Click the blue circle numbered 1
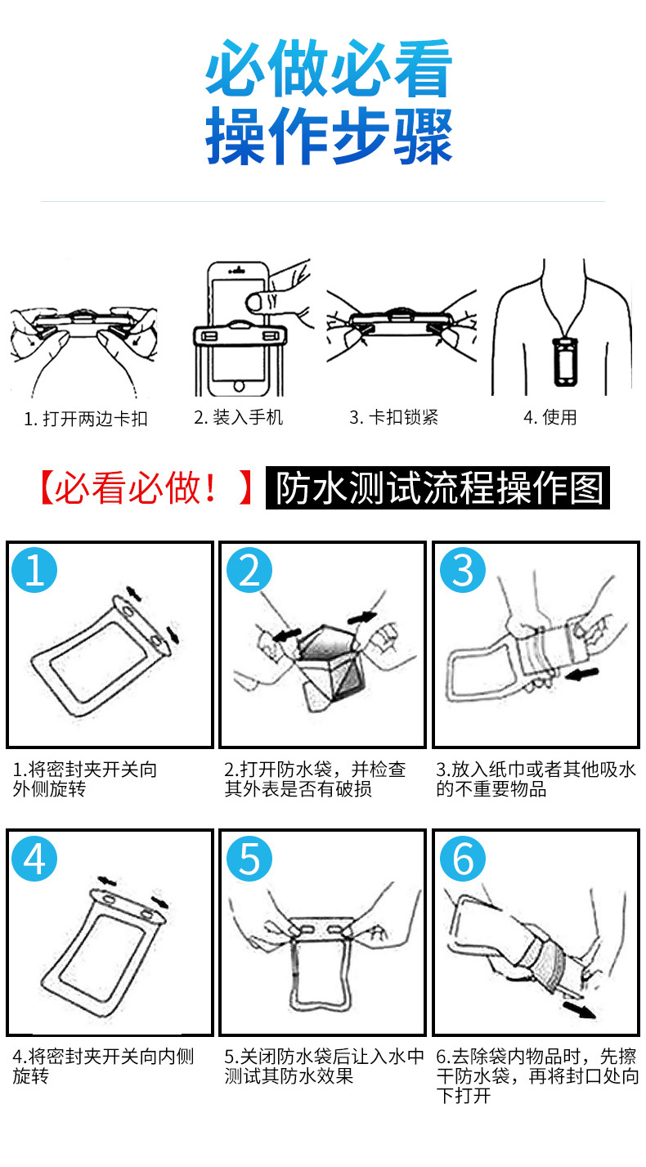(x=35, y=570)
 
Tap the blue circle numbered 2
(x=249, y=570)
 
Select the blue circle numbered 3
(x=463, y=570)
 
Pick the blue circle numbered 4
(x=35, y=858)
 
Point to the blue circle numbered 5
(x=249, y=858)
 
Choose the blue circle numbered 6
(x=463, y=858)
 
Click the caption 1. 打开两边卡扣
(x=86, y=419)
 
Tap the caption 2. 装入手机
(x=239, y=417)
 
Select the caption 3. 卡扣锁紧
(x=394, y=417)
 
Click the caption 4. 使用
(x=550, y=417)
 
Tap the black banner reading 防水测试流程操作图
(x=437, y=489)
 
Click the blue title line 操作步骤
(x=328, y=137)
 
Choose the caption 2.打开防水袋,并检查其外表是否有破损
(x=316, y=779)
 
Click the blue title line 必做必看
(x=328, y=70)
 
